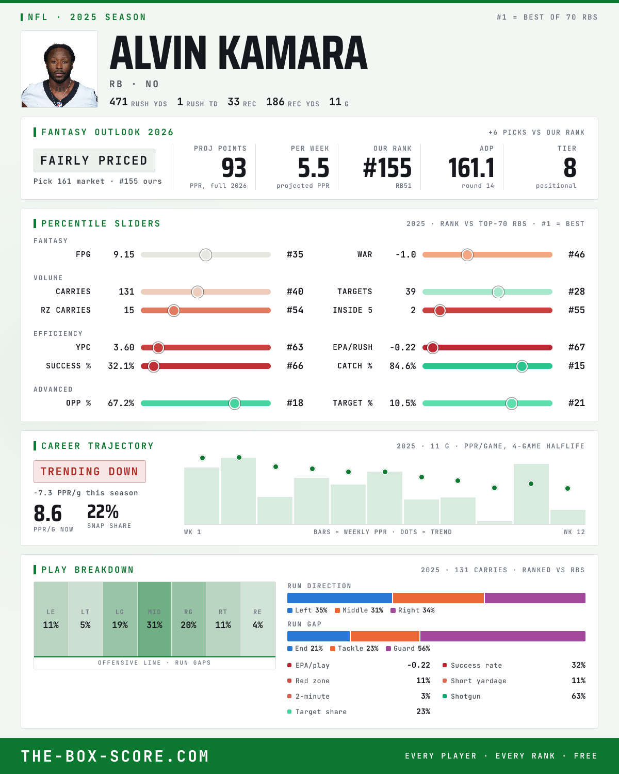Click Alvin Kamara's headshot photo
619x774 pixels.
coord(59,69)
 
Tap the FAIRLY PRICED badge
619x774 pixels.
coord(94,160)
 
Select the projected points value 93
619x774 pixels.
coord(234,168)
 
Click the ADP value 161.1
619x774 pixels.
coord(471,168)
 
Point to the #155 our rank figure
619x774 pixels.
coord(387,168)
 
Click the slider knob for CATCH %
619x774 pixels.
coord(522,366)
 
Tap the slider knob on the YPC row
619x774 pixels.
coord(158,347)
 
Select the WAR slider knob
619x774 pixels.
coord(467,254)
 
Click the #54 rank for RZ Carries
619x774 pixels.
coord(295,310)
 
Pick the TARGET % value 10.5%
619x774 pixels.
coord(402,403)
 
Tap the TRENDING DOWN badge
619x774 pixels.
coord(90,472)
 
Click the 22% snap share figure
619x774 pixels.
coord(103,511)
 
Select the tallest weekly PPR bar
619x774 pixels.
coord(238,491)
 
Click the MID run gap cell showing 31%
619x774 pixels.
coord(154,619)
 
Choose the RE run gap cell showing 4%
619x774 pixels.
coord(257,619)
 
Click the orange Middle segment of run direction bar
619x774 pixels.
coord(438,598)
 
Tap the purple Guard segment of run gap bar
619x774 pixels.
coord(503,636)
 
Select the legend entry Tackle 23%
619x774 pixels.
coord(354,649)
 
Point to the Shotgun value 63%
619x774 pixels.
coord(578,696)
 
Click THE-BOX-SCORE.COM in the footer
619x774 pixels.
coord(115,756)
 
